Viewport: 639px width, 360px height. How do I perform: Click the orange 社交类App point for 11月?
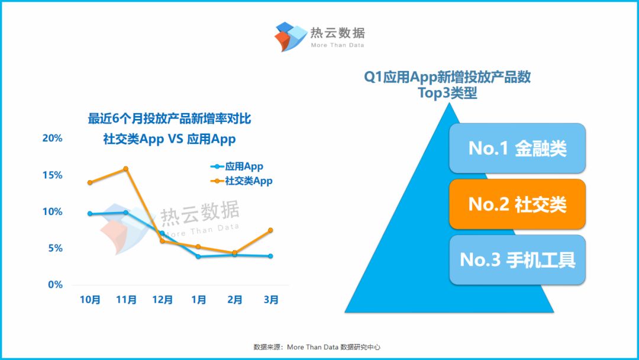coord(125,168)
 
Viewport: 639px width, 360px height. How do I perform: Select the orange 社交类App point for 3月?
coord(270,230)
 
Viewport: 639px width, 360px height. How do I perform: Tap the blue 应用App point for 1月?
coord(198,256)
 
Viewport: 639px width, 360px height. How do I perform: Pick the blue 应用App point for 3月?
coord(270,256)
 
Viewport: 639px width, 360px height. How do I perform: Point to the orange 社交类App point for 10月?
coord(90,182)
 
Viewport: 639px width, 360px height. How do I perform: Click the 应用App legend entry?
coord(237,166)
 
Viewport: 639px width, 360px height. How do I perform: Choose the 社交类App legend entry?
coord(241,181)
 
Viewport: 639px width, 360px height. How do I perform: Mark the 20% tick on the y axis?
coord(52,138)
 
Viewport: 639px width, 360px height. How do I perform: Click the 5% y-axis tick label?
coord(56,248)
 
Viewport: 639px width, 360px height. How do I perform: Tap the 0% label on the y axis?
coord(56,285)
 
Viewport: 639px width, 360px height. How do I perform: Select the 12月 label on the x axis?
coord(162,300)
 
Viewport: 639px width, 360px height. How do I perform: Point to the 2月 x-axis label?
coord(235,300)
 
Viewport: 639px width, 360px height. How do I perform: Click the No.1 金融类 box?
coord(517,148)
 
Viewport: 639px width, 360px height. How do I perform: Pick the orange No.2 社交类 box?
coord(517,204)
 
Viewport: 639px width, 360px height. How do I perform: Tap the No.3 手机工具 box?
coord(517,260)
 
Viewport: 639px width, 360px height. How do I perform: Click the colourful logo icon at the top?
coord(290,37)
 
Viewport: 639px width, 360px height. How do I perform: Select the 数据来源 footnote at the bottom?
coord(317,347)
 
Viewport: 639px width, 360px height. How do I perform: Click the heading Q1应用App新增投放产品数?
coord(447,76)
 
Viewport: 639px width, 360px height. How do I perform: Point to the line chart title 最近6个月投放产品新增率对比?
coord(169,118)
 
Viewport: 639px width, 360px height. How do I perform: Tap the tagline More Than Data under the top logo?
coord(337,45)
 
